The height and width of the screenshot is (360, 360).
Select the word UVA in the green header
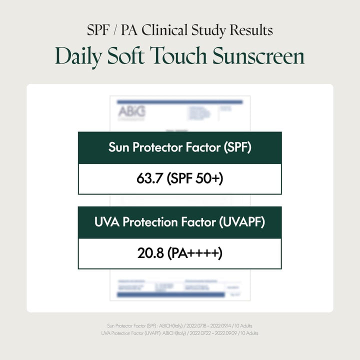point(105,222)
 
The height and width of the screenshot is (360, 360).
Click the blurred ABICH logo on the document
point(131,112)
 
